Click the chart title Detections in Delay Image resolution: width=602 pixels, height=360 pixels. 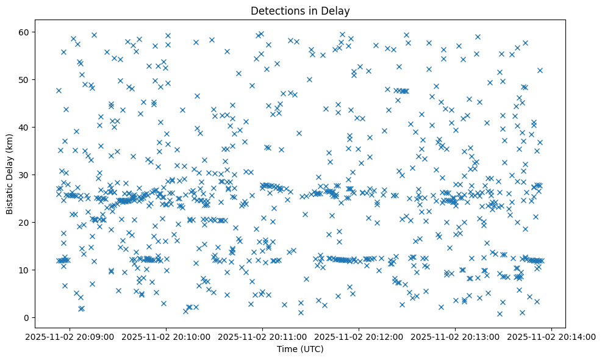[x=300, y=10]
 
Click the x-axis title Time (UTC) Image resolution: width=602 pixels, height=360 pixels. [x=300, y=349]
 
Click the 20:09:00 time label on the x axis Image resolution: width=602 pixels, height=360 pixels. [x=70, y=336]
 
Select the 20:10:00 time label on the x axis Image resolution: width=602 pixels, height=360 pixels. [x=167, y=336]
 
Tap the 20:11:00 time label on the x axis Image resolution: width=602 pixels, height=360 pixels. [x=263, y=336]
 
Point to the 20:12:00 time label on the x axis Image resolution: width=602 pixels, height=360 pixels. [x=359, y=336]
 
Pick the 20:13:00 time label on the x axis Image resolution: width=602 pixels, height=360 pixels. [x=456, y=336]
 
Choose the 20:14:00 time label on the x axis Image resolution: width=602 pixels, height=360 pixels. [x=552, y=336]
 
